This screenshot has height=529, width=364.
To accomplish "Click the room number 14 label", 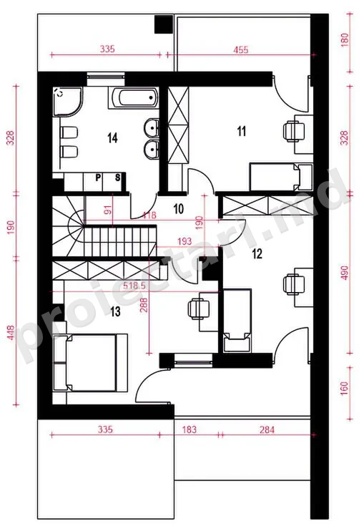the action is [112, 138].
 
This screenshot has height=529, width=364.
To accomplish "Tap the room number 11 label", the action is [241, 131].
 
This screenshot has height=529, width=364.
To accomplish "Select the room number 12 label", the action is [257, 253].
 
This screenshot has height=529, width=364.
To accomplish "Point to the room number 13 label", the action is [115, 311].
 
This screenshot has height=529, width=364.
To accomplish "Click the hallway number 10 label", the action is [179, 209].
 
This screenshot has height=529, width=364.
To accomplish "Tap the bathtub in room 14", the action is [134, 98].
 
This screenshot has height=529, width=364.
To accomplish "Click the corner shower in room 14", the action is [68, 102].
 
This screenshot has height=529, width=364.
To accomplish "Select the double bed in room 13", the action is [90, 363].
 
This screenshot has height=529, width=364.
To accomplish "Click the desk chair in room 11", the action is [292, 132].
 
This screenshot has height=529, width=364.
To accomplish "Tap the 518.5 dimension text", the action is [134, 286].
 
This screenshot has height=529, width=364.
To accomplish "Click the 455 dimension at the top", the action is [241, 50].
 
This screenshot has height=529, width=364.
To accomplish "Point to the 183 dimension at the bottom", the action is [189, 429].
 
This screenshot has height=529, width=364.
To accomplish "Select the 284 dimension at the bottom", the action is [267, 429].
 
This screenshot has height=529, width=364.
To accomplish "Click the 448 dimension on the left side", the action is [11, 332].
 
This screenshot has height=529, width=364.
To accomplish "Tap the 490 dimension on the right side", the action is [345, 273].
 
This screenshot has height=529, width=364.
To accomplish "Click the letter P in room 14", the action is [98, 178].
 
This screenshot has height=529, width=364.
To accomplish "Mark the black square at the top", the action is [164, 24].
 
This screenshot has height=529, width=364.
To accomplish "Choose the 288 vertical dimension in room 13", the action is [144, 305].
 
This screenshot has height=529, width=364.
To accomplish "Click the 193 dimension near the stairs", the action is [185, 241].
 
